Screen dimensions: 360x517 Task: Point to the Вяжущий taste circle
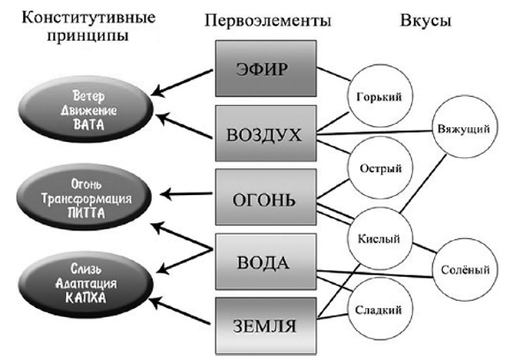coord(463,129)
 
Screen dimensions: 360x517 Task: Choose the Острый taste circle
coord(380,168)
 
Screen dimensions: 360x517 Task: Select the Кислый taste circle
coord(380,238)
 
